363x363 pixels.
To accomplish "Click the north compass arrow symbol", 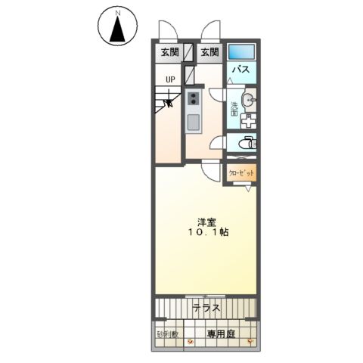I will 117,30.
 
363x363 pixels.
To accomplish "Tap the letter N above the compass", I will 117,14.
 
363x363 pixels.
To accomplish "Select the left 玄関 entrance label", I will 169,52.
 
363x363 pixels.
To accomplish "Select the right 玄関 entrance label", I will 210,52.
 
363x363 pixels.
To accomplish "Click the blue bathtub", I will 242,52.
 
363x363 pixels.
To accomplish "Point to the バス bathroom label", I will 240,70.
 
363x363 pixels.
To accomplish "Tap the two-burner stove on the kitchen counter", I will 194,98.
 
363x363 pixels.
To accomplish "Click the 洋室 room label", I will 206,222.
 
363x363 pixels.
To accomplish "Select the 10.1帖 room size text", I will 206,233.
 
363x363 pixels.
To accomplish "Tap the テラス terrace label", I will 206,308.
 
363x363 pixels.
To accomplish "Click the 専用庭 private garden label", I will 221,334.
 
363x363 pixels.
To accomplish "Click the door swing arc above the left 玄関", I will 166,30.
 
